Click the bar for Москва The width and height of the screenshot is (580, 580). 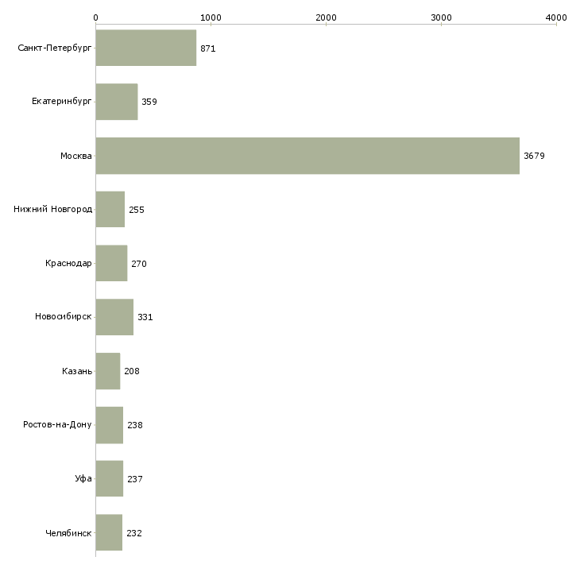pos(307,156)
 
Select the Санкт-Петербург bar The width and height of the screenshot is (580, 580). pos(145,48)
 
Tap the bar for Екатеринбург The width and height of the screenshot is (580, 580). pos(116,102)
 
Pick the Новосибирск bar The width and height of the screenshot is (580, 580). pos(114,317)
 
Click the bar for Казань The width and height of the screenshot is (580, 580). pos(107,371)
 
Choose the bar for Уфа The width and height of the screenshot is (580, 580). pos(109,479)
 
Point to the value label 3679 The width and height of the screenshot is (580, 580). pos(534,156)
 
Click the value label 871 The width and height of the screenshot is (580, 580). pos(208,48)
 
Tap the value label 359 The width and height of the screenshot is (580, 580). pos(149,102)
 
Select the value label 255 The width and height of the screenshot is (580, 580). pos(137,210)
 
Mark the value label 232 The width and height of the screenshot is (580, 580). pos(134,533)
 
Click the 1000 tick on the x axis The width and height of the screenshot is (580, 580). pos(211,17)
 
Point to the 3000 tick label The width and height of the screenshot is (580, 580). pos(441,17)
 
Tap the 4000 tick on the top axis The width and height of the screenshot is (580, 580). pos(556,17)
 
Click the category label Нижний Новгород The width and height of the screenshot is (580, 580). pos(52,210)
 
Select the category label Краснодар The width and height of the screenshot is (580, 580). pos(68,264)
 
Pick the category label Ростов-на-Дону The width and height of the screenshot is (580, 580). pos(57,425)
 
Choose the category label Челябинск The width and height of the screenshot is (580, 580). pos(68,533)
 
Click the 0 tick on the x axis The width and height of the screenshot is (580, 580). pos(95,17)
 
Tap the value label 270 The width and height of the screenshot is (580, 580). pos(139,264)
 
